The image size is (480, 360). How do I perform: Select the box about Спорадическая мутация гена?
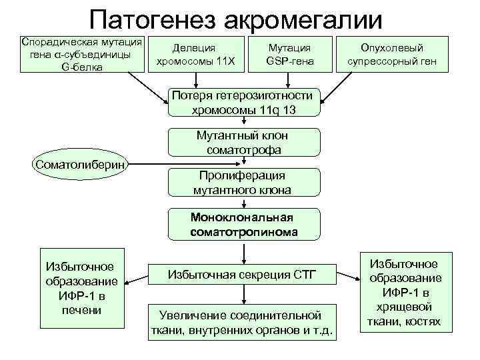[84, 53]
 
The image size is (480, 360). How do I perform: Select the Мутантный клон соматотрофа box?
[244, 142]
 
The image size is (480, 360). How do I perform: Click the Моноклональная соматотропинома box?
[243, 225]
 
